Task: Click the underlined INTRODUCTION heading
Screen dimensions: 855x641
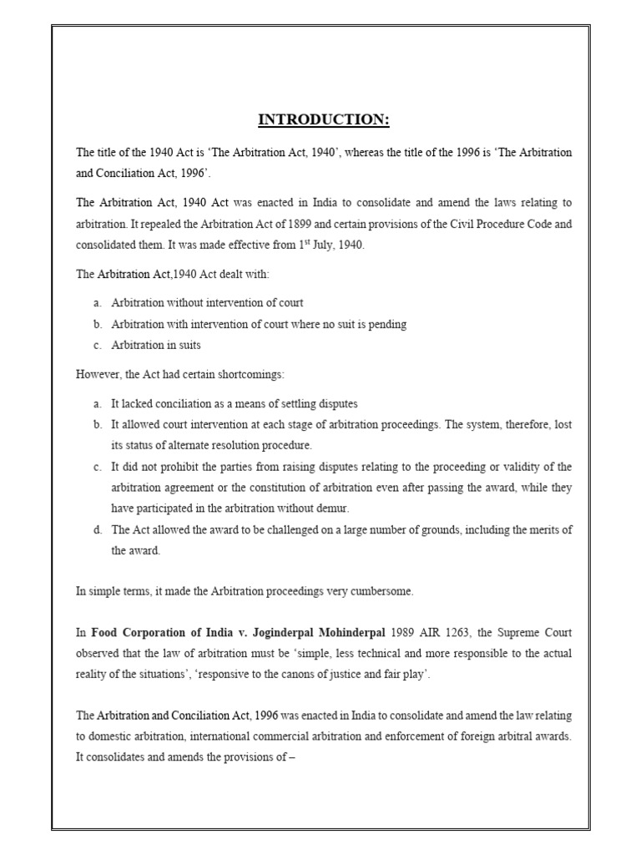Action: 324,120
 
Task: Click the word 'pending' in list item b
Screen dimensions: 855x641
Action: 388,324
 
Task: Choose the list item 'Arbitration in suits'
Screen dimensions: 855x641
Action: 156,345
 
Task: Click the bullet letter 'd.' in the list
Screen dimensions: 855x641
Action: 98,529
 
